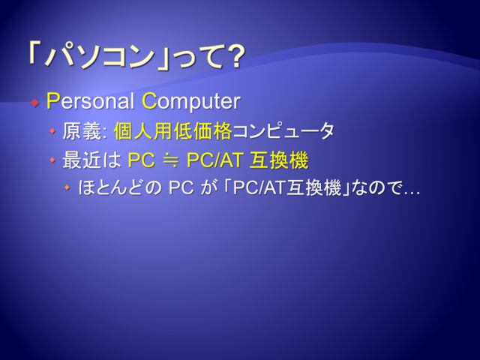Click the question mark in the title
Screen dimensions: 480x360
[235, 57]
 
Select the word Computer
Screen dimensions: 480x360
[191, 102]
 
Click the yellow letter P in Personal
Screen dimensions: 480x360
[52, 100]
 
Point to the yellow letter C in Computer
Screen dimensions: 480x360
[150, 100]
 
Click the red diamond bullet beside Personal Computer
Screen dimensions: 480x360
[35, 103]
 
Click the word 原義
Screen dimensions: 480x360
[82, 131]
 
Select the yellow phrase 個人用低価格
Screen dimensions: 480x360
[172, 131]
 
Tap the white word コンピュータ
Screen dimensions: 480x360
[283, 130]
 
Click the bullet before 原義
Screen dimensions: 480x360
[52, 131]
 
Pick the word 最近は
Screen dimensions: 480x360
[91, 160]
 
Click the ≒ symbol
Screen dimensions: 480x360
[171, 160]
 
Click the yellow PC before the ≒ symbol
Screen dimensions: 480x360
[141, 160]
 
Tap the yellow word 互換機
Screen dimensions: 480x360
[279, 160]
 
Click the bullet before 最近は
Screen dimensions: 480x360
[52, 160]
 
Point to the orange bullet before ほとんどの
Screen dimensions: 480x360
[67, 187]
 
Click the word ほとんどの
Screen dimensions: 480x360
[119, 187]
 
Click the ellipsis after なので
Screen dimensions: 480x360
[412, 193]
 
